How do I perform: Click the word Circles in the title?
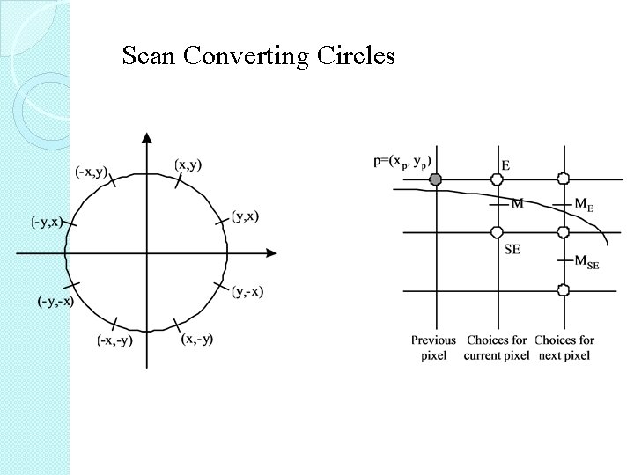click(x=355, y=56)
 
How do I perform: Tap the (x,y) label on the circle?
click(x=188, y=164)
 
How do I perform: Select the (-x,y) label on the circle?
click(x=91, y=172)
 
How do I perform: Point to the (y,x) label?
click(x=246, y=216)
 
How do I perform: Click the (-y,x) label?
click(x=47, y=221)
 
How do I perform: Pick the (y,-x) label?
click(x=247, y=291)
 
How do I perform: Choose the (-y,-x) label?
click(x=54, y=301)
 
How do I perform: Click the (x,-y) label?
click(x=196, y=339)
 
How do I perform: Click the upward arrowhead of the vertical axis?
click(x=146, y=138)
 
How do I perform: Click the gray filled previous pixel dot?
click(x=435, y=179)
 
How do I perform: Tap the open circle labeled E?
click(x=497, y=179)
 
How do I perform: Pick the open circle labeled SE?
click(x=497, y=233)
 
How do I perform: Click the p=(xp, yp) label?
click(x=402, y=162)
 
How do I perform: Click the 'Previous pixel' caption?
click(x=433, y=347)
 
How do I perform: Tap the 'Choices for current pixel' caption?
click(x=498, y=347)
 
